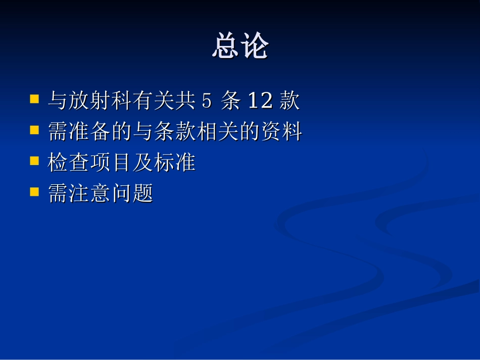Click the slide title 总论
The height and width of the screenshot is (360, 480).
pos(240,47)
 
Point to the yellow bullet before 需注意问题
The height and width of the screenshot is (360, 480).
pos(35,192)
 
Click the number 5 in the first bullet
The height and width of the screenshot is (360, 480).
pos(206,101)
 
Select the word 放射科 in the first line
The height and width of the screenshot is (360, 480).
pos(101,101)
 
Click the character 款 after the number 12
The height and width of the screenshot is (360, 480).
pos(290,101)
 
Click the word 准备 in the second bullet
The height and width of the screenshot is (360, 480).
pos(90,132)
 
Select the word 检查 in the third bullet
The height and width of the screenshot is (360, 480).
pos(69,163)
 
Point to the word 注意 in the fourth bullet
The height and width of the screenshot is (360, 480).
pos(90,194)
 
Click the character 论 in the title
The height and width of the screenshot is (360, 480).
pos(254,47)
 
